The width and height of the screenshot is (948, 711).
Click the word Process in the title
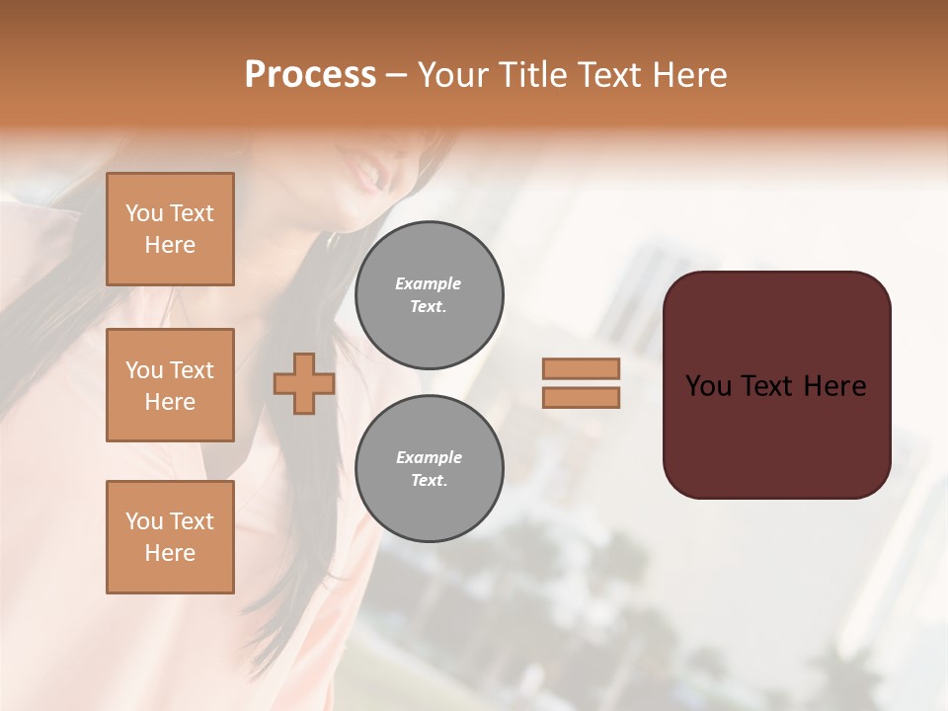click(x=310, y=75)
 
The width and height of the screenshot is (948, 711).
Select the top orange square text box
click(x=170, y=229)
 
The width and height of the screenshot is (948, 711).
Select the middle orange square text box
click(x=170, y=385)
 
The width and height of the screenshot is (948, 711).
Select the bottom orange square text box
click(x=170, y=536)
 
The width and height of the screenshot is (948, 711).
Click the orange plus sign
click(x=304, y=383)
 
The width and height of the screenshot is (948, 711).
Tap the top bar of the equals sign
click(x=581, y=368)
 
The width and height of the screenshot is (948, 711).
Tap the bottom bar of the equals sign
click(x=581, y=398)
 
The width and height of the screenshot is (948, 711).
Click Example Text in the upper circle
click(x=429, y=295)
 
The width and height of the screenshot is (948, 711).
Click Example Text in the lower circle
click(x=429, y=469)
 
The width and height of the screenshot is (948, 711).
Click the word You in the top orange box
click(x=144, y=213)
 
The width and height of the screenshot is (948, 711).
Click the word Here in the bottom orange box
click(x=170, y=553)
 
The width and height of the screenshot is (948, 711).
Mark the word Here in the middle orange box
click(x=170, y=402)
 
